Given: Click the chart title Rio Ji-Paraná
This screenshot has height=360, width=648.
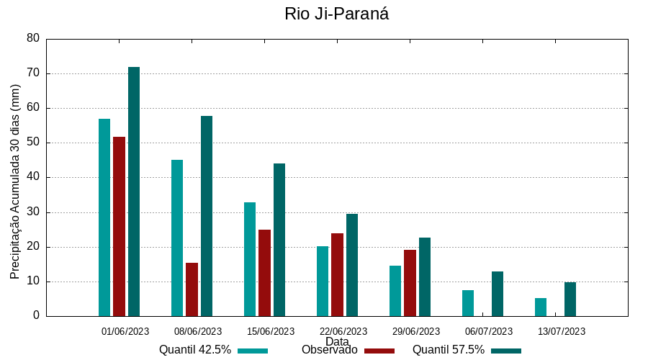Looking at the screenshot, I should tap(337, 14).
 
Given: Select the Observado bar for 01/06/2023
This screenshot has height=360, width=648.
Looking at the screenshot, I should tap(119, 226).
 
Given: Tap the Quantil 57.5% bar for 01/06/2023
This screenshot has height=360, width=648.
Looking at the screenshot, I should tap(134, 192).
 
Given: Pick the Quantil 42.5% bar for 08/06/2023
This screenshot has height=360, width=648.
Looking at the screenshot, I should tap(177, 238).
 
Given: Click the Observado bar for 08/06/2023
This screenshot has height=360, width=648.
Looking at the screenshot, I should tap(192, 289).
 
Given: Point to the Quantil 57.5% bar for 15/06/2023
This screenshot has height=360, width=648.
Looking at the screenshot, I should tap(279, 240).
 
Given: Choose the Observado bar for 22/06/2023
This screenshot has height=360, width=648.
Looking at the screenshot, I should tap(337, 274).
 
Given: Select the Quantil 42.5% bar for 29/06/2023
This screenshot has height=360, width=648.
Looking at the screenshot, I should tap(395, 291).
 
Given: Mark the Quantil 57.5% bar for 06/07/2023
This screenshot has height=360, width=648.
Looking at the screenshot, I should tap(498, 294).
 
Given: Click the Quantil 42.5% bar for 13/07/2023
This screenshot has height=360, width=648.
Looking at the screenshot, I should tap(541, 307).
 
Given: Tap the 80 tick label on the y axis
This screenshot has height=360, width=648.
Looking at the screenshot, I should tap(32, 38).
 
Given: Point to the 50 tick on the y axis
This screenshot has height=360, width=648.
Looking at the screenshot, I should tap(32, 143).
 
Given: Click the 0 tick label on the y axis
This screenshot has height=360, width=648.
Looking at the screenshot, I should tap(36, 316).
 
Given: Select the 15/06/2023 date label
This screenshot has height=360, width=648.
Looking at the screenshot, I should tap(271, 331).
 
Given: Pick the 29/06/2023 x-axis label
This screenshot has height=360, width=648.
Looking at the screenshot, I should tap(416, 331).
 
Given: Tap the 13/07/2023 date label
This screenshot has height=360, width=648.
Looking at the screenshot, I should tap(562, 331).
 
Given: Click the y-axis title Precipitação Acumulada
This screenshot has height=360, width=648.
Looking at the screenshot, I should tap(15, 181).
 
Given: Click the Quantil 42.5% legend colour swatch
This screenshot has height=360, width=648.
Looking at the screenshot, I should tap(253, 351).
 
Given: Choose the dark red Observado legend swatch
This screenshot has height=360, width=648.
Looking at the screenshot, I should tap(379, 351).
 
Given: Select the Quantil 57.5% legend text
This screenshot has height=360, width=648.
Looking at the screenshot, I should tap(448, 350).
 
